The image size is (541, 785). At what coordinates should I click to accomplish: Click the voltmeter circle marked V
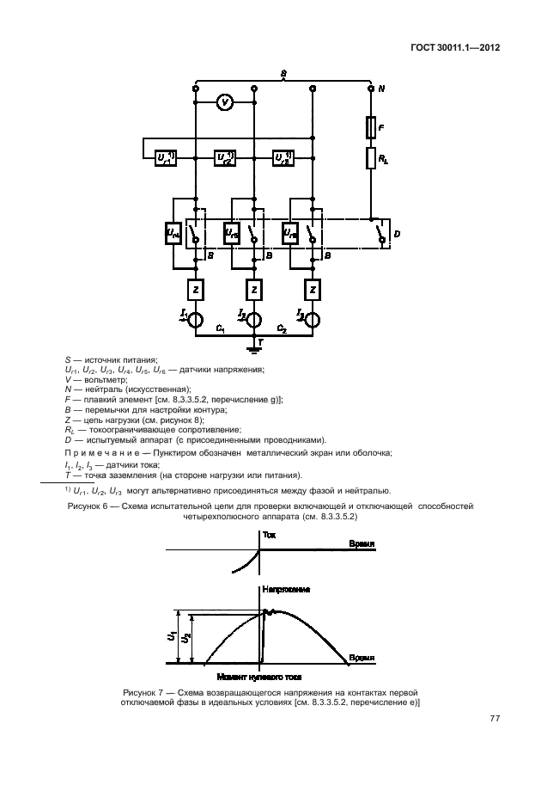[x=224, y=102]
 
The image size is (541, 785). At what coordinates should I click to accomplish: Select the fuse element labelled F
[x=370, y=128]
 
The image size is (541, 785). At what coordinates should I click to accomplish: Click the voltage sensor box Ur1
[x=166, y=157]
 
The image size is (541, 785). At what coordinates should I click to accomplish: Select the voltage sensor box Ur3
[x=284, y=157]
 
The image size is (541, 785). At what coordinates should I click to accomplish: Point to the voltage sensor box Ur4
[x=173, y=232]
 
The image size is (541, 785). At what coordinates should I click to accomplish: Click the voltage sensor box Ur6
[x=290, y=232]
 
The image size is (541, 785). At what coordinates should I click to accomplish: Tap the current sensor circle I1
[x=196, y=319]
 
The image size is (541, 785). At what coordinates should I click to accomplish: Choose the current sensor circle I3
[x=313, y=319]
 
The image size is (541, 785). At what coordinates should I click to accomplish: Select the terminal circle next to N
[x=370, y=89]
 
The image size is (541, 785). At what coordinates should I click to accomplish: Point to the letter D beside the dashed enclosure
[x=396, y=233]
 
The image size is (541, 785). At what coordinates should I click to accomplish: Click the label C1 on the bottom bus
[x=221, y=329]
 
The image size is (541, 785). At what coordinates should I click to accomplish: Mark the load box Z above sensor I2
[x=254, y=291]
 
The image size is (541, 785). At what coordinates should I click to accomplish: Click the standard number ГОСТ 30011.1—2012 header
[x=458, y=48]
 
